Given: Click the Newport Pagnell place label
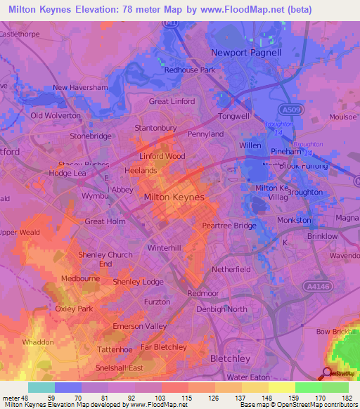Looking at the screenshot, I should point(246,52).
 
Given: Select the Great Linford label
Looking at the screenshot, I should point(172,102).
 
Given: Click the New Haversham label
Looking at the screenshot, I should point(79,88).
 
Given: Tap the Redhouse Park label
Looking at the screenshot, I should point(189,70).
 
